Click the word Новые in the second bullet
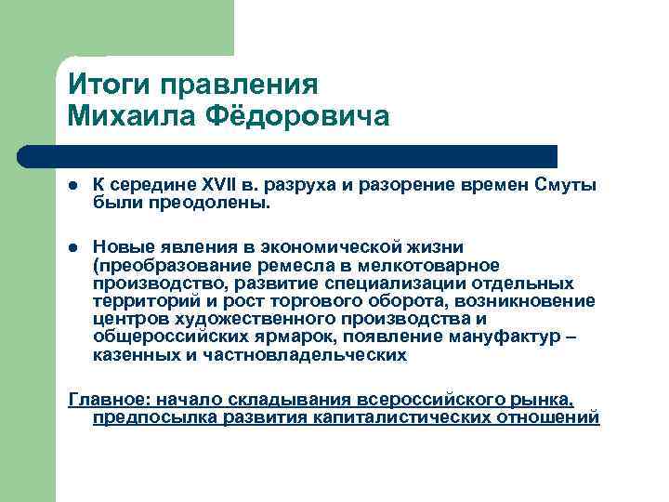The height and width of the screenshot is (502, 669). click(x=121, y=246)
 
